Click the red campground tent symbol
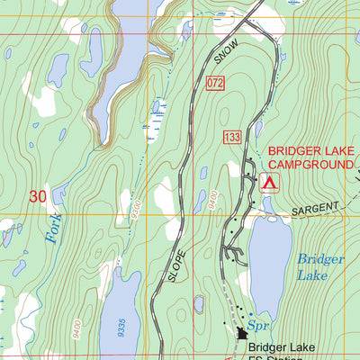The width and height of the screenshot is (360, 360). coord(268,183)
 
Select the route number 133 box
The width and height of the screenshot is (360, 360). coord(232,136)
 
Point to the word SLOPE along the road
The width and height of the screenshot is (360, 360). coord(175,265)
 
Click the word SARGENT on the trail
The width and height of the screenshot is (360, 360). coord(315,211)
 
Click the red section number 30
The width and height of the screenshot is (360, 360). coord(37,195)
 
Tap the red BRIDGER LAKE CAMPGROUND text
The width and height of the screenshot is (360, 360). coord(310,159)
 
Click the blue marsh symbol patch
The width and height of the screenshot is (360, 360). coord(160,109)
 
